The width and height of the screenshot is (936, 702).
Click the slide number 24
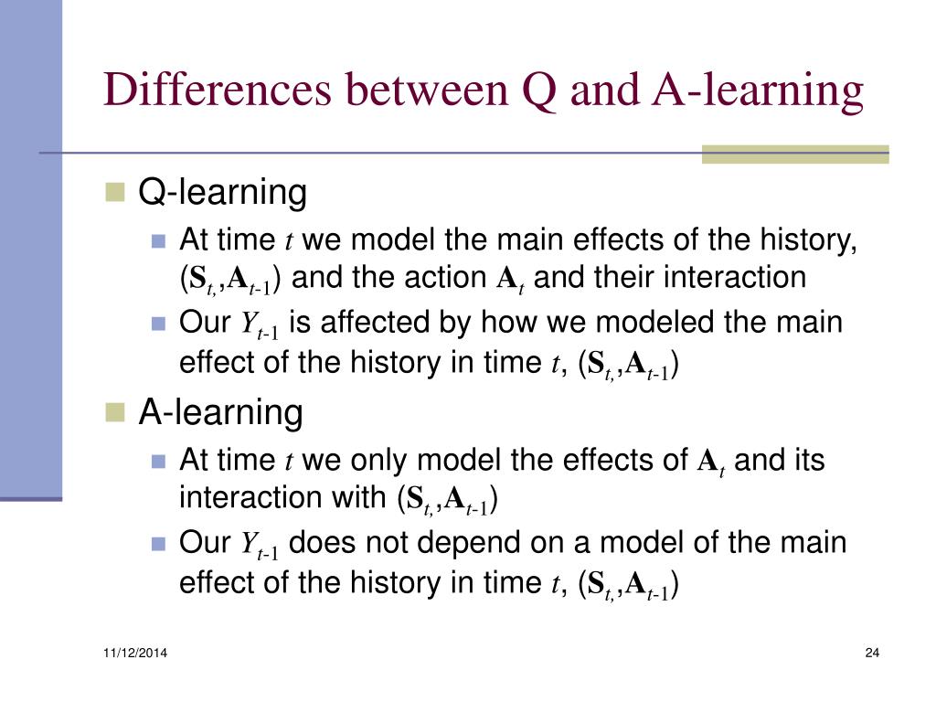click(x=870, y=652)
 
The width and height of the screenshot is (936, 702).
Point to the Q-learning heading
click(x=222, y=193)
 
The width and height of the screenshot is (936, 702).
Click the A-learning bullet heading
click(x=220, y=413)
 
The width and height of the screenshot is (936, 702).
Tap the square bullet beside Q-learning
click(x=114, y=192)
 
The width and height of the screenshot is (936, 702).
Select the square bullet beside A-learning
click(x=114, y=412)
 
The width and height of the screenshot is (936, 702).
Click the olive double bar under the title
click(x=794, y=154)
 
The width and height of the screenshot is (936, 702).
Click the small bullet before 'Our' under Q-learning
click(x=158, y=324)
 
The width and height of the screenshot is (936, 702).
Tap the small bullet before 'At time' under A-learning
click(x=158, y=461)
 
